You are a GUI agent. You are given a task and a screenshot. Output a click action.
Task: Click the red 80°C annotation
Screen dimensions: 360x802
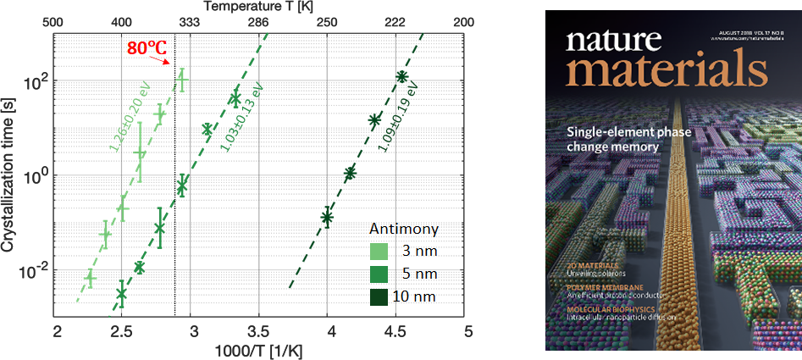click(x=141, y=48)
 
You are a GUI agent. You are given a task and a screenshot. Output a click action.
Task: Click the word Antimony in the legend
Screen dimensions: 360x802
click(x=403, y=230)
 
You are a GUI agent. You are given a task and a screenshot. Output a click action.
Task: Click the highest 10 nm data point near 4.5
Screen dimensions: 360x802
click(x=401, y=77)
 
